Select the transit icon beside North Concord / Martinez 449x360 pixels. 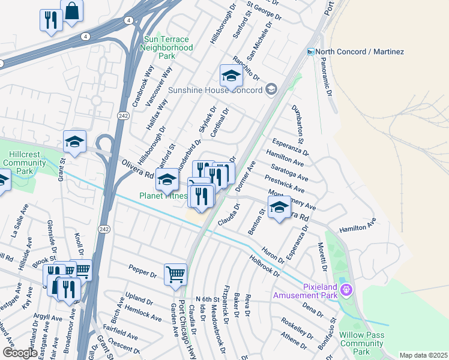pos(311,52)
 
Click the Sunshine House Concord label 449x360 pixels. pos(215,90)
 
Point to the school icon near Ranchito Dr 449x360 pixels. pos(231,76)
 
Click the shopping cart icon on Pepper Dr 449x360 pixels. pos(175,274)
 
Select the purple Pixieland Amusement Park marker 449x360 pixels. pos(346,290)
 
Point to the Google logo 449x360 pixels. pos(20,353)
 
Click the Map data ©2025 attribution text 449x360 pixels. pos(423,355)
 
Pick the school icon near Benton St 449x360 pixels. pos(279,208)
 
